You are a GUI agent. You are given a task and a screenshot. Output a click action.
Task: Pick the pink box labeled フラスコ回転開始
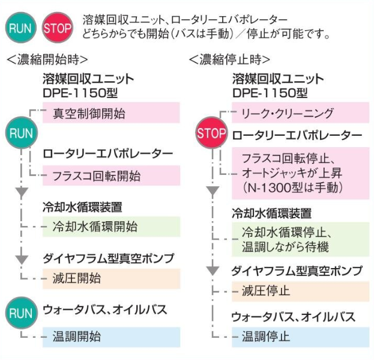tap(112, 175)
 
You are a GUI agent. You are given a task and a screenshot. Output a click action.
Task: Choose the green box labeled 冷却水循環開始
tap(112, 227)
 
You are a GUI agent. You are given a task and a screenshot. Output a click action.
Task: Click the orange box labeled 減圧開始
tap(112, 278)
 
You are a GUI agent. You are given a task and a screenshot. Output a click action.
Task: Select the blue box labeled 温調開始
tap(112, 337)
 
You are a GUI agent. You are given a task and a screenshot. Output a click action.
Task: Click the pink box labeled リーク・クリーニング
tap(300, 113)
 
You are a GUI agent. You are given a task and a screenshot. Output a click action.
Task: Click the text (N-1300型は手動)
tap(292, 188)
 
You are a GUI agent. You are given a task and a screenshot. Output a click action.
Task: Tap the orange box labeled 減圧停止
tap(300, 291)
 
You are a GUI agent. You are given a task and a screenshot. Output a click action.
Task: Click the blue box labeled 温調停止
tap(300, 336)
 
